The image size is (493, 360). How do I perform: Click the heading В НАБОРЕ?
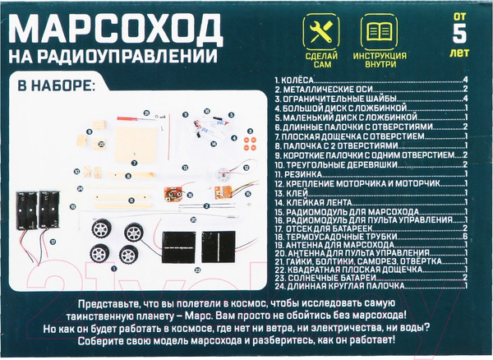click(57, 85)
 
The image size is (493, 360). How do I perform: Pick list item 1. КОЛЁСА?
click(296, 80)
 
